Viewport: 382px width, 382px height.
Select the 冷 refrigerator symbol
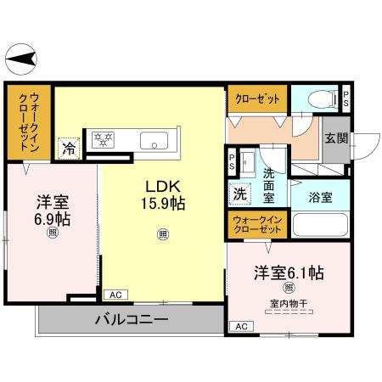(x=67, y=147)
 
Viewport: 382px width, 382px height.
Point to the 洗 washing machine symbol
(x=239, y=193)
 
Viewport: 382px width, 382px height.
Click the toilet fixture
(x=322, y=98)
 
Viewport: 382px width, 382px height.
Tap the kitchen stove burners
(x=104, y=138)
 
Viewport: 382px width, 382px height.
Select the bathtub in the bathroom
(x=319, y=226)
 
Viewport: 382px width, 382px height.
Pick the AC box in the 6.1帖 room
(x=241, y=326)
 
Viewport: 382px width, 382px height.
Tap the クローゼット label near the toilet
(x=257, y=99)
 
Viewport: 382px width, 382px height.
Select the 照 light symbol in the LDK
(x=162, y=234)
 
